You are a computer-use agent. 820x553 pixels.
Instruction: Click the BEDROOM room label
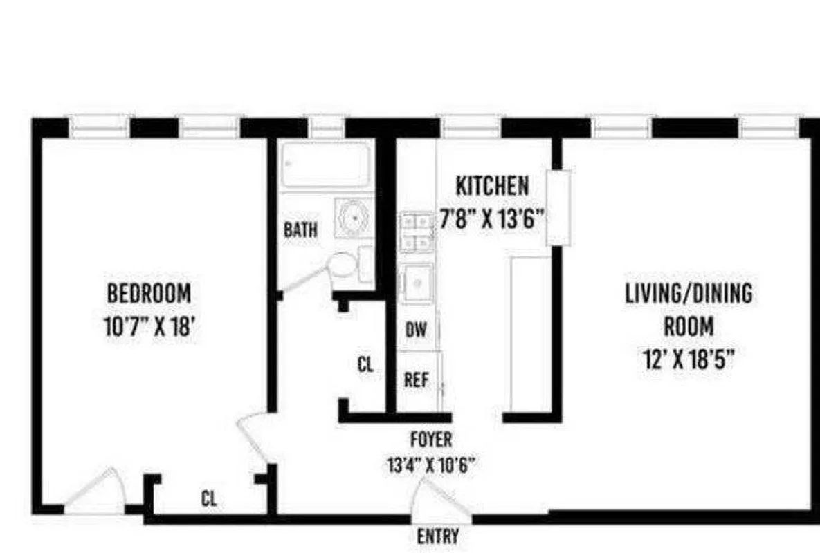click(149, 293)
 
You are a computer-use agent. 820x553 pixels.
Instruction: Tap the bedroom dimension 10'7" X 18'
click(149, 326)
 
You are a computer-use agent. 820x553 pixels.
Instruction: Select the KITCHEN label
click(492, 186)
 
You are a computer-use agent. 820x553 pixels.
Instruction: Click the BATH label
click(301, 229)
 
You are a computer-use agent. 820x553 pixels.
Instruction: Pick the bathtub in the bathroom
click(325, 165)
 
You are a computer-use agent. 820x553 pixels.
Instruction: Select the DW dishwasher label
click(416, 330)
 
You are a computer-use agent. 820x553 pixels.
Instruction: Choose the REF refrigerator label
click(417, 379)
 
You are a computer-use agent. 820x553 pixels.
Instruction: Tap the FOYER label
click(431, 440)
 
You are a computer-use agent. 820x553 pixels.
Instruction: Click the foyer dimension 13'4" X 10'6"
click(431, 465)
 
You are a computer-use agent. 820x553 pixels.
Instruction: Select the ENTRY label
click(438, 536)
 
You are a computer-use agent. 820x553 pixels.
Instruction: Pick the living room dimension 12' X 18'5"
click(689, 359)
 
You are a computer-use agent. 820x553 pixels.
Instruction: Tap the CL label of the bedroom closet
click(208, 498)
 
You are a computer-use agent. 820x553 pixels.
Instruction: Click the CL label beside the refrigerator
click(365, 364)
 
